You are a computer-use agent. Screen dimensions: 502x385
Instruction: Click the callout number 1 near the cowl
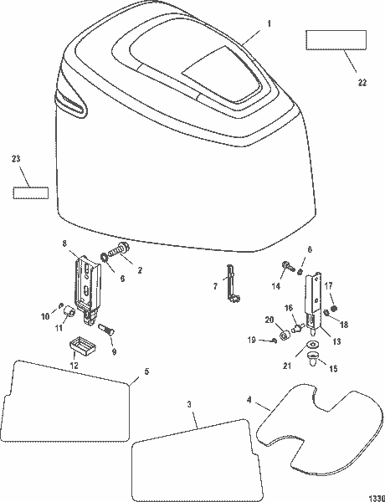(269, 26)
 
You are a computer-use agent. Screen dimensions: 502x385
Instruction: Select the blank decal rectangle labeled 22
(336, 41)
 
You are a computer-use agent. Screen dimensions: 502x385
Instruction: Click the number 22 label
(362, 82)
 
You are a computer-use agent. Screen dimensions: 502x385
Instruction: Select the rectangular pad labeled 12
(81, 343)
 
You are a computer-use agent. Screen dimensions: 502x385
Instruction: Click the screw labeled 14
(287, 267)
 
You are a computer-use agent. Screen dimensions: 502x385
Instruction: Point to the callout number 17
(328, 284)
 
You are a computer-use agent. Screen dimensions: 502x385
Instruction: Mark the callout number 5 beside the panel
(147, 371)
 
